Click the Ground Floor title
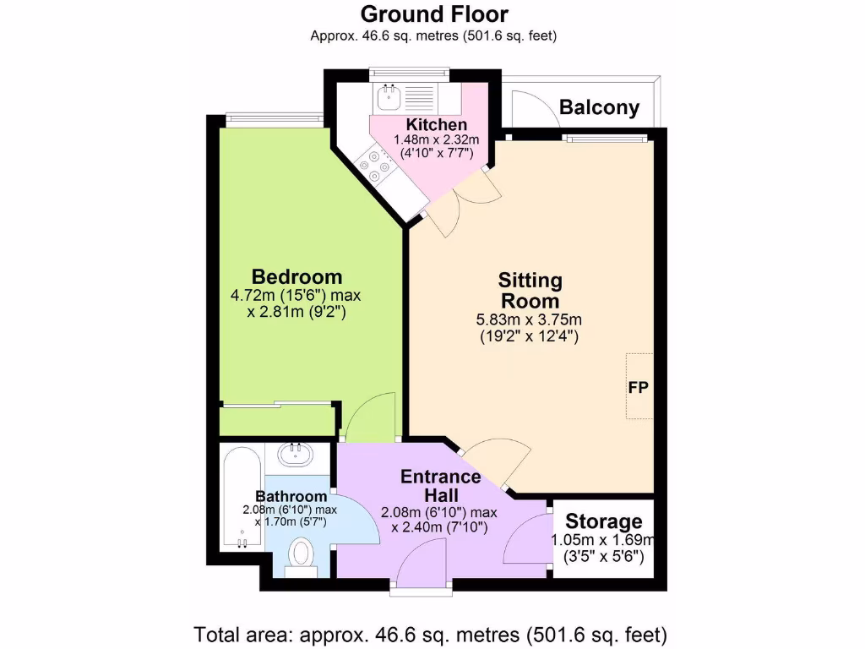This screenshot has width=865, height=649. tap(434, 14)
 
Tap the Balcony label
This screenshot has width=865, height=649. tap(599, 108)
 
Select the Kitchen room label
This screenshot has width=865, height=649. tap(436, 125)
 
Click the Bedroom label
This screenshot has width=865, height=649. tap(297, 276)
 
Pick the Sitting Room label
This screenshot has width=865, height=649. tap(530, 290)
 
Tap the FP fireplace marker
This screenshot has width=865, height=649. tap(638, 387)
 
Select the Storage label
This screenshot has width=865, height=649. tap(603, 521)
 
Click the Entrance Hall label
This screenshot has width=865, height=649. tap(440, 485)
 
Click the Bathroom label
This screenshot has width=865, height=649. tap(291, 496)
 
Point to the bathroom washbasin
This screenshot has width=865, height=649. tap(296, 455)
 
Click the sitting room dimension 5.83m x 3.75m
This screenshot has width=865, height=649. tap(529, 319)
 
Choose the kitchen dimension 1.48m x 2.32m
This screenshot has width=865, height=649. tap(436, 139)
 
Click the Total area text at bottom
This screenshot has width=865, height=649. tap(432, 633)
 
